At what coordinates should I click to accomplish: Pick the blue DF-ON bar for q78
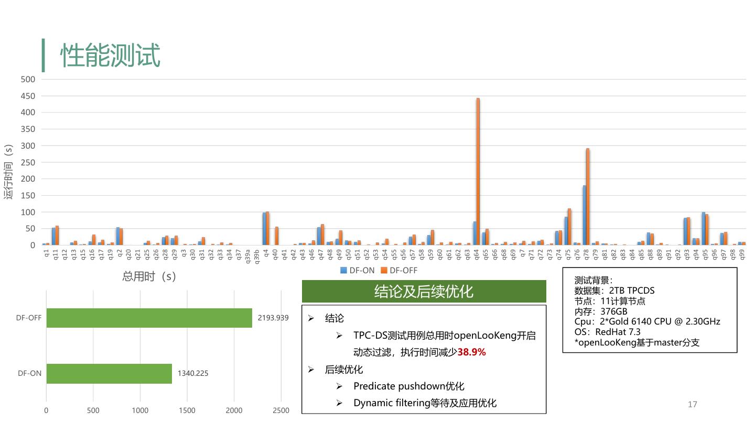584,215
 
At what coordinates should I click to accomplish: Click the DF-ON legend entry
358,271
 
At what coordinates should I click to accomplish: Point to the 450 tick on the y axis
28,96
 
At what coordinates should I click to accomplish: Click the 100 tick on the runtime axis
28,212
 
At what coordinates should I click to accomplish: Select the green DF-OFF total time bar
149,318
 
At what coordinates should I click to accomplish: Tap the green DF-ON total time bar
109,374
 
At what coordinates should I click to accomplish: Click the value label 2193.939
273,318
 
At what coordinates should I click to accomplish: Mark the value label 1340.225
193,374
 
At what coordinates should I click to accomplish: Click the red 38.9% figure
471,352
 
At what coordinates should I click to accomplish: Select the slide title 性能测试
110,55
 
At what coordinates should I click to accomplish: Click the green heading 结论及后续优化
424,291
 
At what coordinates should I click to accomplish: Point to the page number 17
692,404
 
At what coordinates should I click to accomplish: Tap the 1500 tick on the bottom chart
187,411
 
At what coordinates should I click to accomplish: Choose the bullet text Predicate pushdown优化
408,386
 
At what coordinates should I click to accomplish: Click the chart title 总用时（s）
149,276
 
